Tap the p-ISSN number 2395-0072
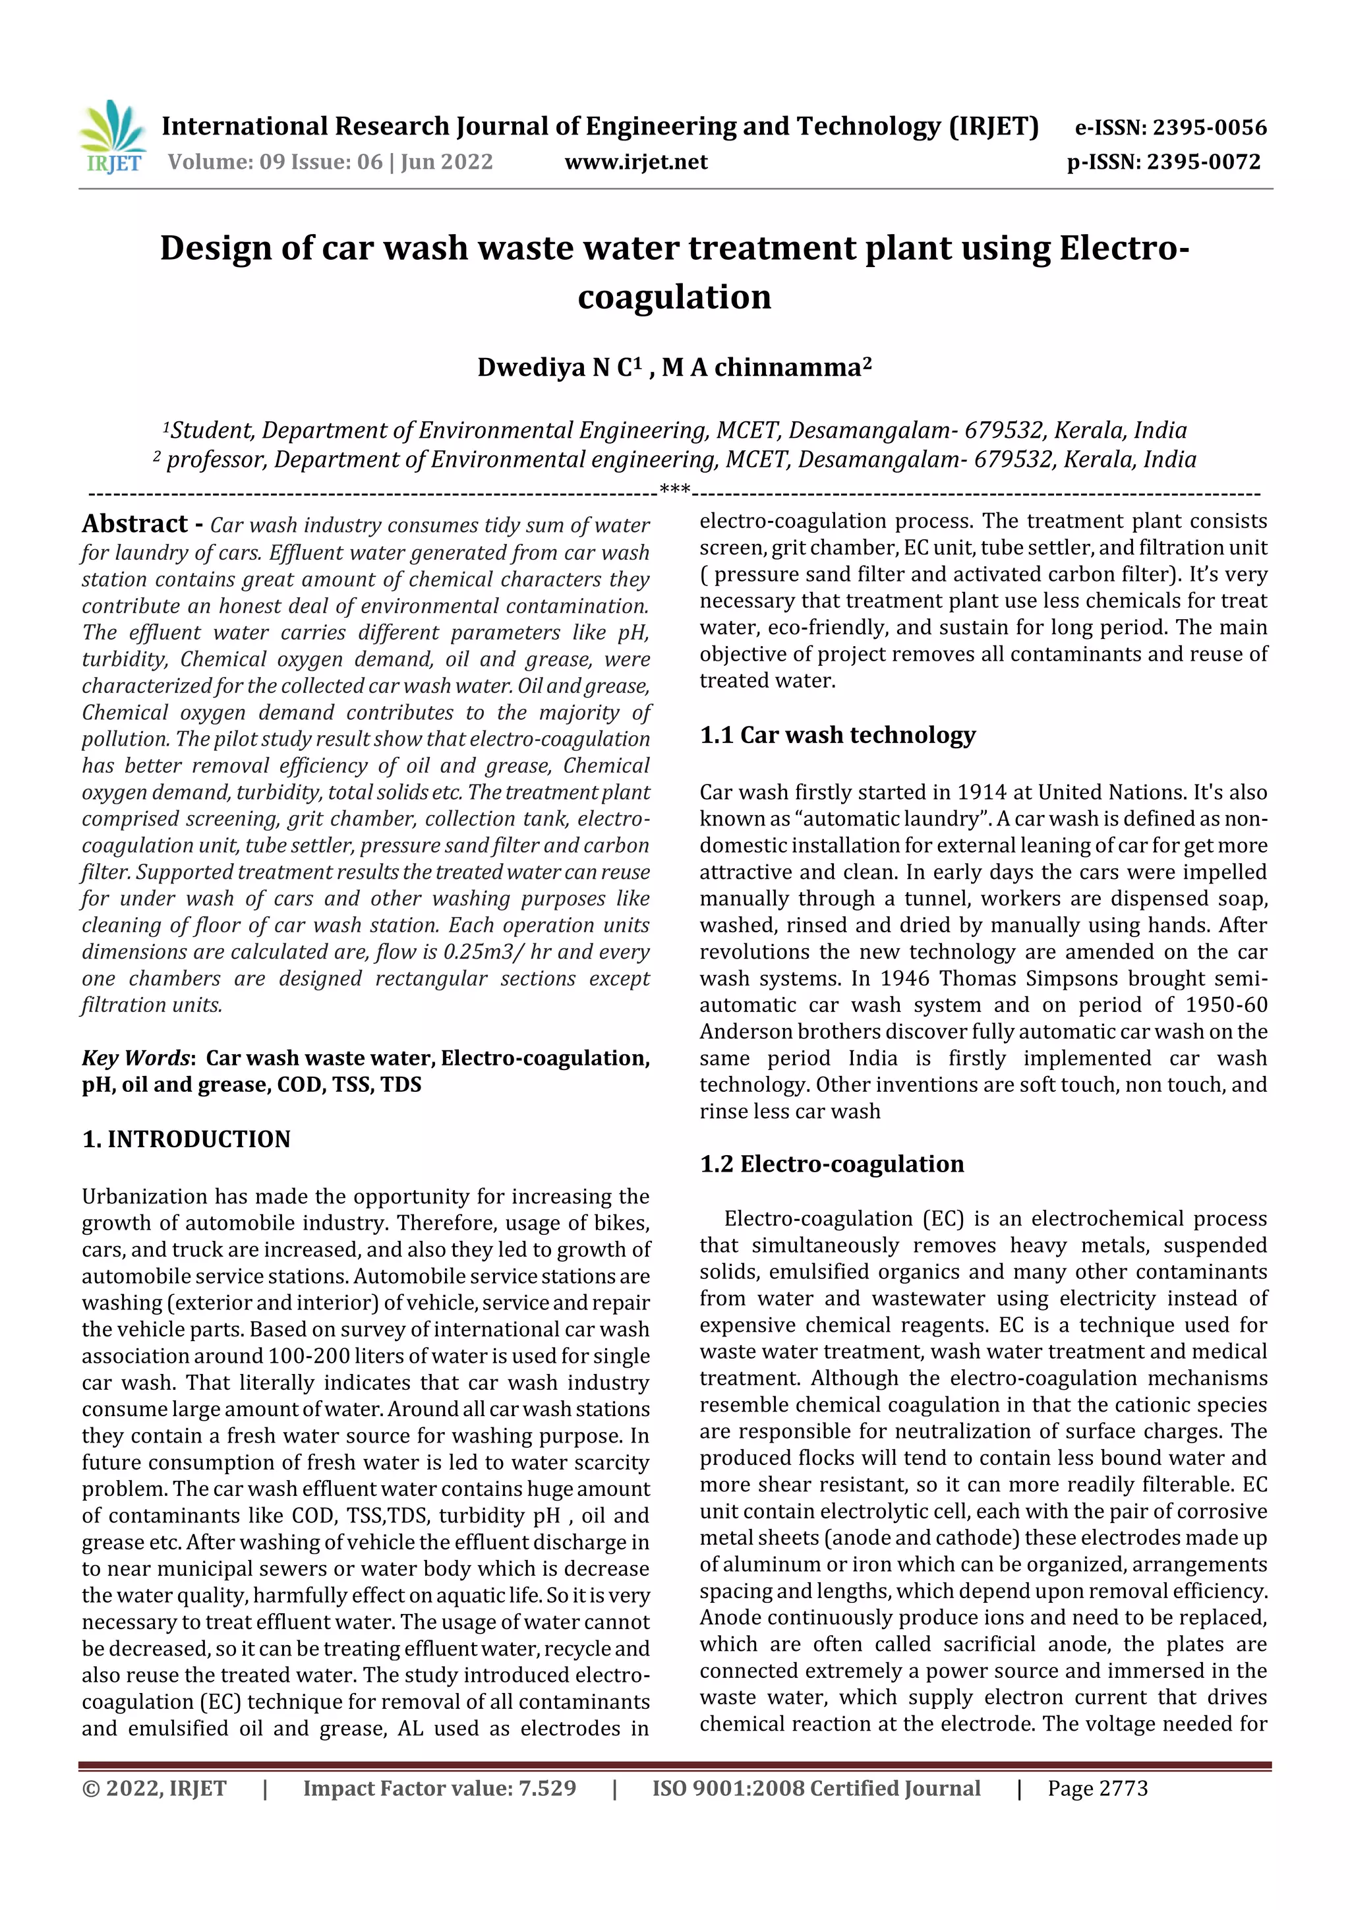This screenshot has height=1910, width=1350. pos(1204,162)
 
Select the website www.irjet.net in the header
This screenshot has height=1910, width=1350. pos(635,162)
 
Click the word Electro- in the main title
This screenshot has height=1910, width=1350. pos(1124,248)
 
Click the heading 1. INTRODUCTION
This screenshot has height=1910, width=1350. pos(187,1139)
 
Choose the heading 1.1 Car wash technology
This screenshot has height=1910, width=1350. pos(836,734)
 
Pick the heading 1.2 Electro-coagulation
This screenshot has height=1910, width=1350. pos(832,1163)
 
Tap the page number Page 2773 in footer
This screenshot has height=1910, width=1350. pos(1097,1788)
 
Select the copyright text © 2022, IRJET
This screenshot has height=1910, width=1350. pos(154,1788)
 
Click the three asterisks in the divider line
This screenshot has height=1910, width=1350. pos(674,489)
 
